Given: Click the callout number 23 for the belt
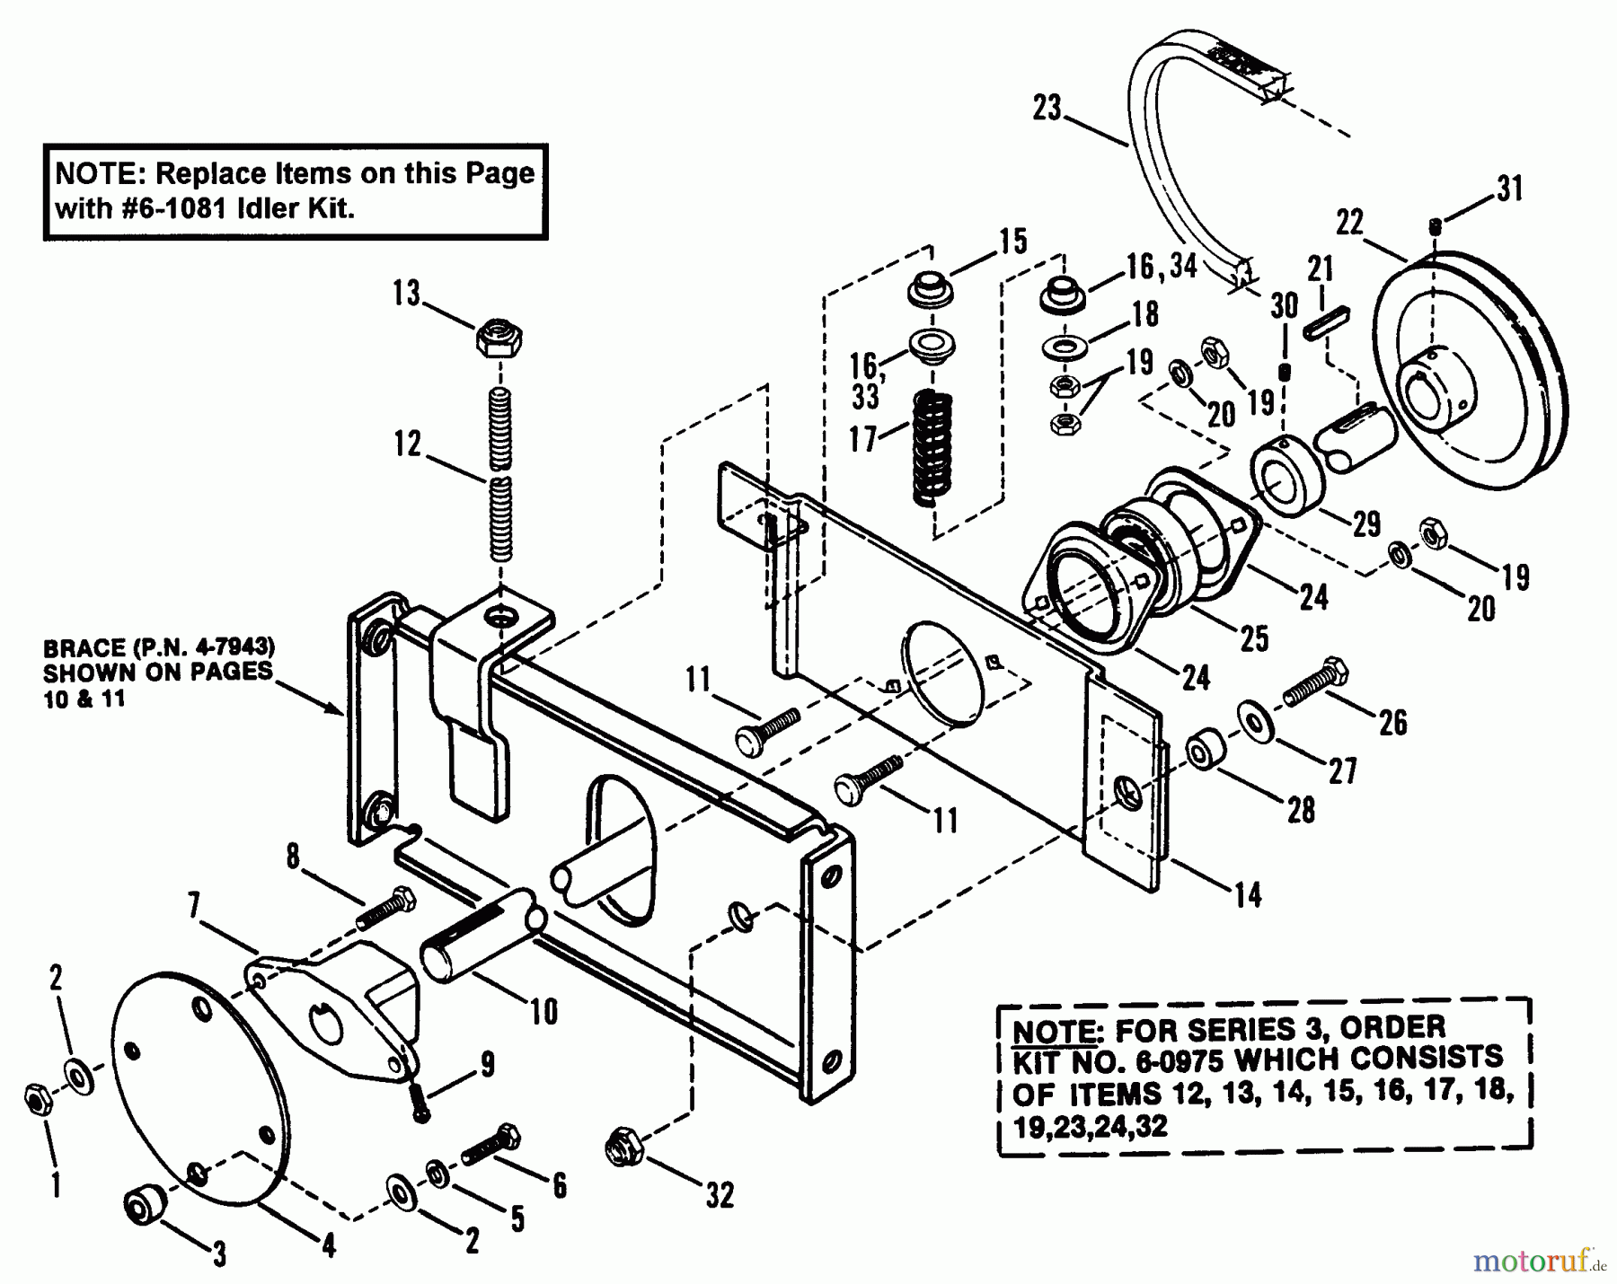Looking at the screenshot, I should pos(1047,109).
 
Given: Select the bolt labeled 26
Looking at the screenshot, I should pos(1314,685).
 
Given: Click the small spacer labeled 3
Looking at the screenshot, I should pos(144,1203).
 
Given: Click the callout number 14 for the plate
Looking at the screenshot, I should pos(1248,894).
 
